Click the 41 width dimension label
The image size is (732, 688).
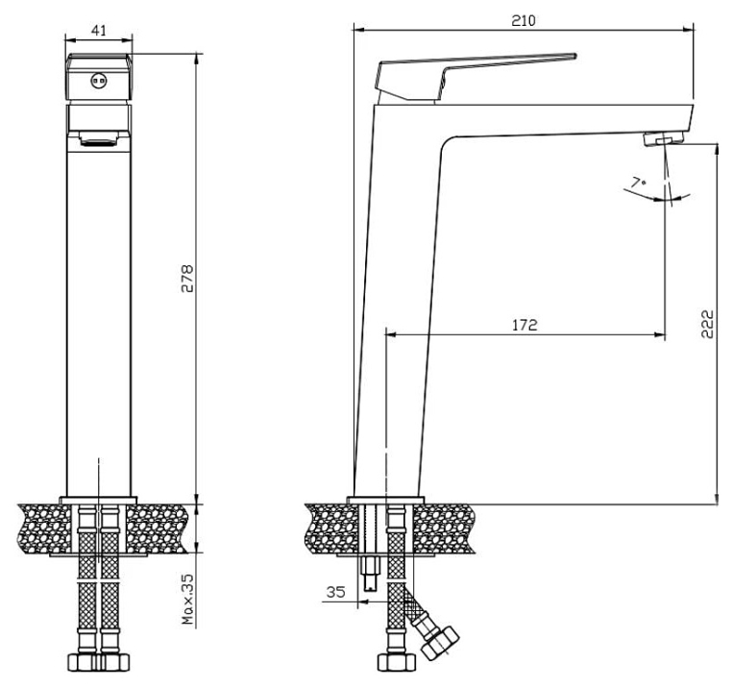click(99, 31)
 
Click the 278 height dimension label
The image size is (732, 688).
click(186, 279)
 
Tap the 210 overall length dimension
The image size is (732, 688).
click(524, 20)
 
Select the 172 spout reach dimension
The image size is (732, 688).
click(525, 325)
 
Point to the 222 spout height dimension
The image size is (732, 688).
click(707, 323)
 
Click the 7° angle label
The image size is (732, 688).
click(639, 183)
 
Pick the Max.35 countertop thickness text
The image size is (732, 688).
click(187, 600)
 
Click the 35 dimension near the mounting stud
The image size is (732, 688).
click(335, 592)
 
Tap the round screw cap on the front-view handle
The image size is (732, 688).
click(98, 82)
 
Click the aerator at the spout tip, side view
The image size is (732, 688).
click(664, 138)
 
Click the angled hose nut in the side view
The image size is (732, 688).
click(439, 643)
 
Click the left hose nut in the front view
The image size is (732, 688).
click(83, 661)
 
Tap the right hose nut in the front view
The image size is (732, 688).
click(113, 661)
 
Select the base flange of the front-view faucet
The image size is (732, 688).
click(98, 500)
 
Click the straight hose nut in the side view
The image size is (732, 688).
click(397, 662)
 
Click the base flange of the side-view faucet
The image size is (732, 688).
click(385, 500)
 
